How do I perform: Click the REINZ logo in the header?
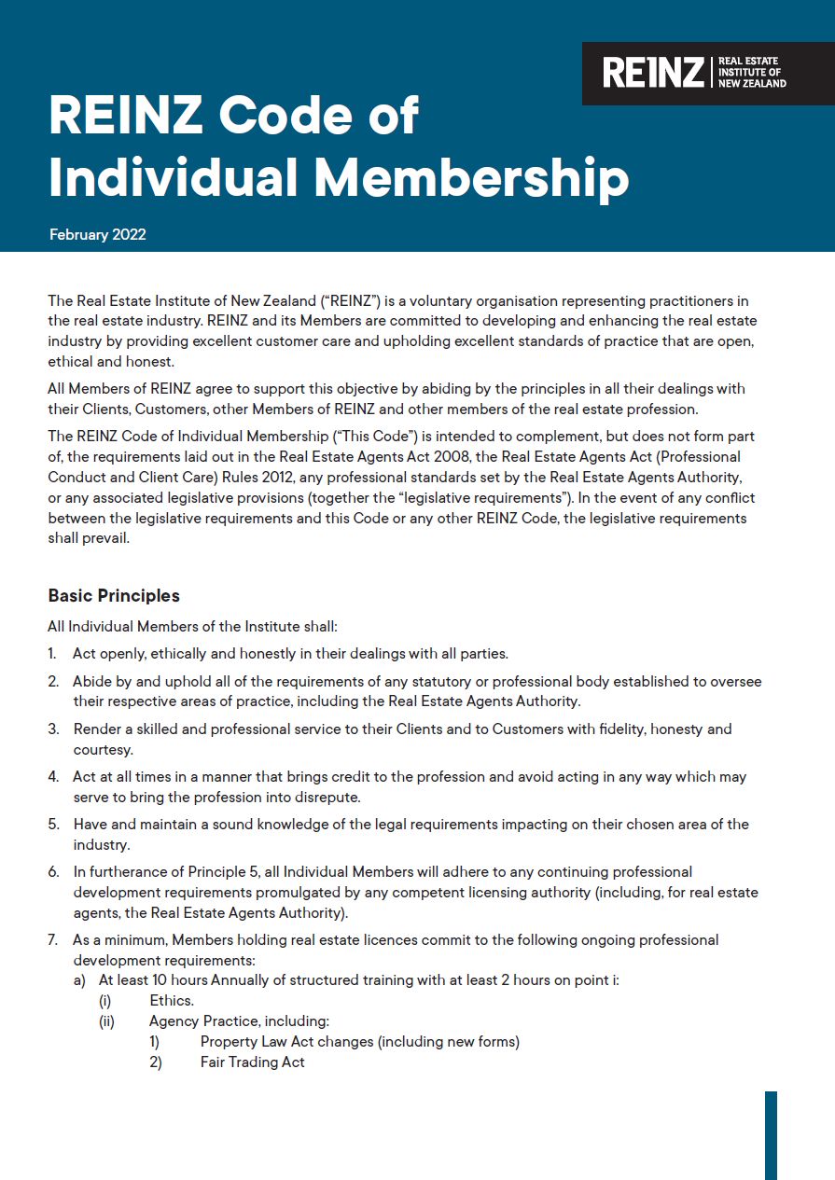point(694,73)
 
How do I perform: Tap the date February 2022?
point(97,234)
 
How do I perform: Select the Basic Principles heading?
point(114,595)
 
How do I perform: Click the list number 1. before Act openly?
point(53,654)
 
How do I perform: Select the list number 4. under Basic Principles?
point(53,776)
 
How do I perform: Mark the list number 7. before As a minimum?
point(53,939)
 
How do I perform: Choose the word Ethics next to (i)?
point(172,1000)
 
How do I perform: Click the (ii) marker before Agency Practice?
point(106,1020)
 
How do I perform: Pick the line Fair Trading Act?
point(252,1062)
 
